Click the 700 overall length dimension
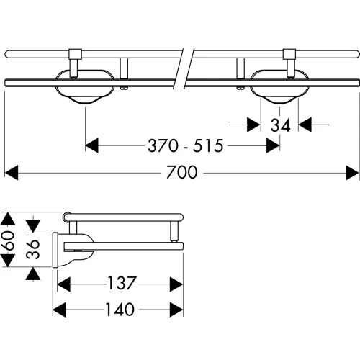tap(182, 172)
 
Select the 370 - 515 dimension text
tap(186, 145)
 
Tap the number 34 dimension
tap(280, 125)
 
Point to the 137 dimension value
tap(122, 283)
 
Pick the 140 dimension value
tap(120, 309)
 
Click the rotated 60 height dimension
tap(8, 240)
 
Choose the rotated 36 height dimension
tap(33, 249)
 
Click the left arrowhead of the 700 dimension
tap(12, 173)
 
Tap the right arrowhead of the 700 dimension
tap(352, 173)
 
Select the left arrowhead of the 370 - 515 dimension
tap(92, 145)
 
